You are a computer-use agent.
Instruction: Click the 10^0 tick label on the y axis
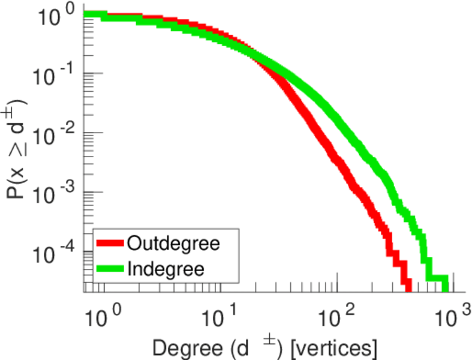pos(60,14)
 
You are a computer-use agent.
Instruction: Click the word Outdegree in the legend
pos(174,244)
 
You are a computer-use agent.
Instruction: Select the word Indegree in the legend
pos(166,268)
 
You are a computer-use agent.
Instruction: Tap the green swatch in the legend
pos(110,269)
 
